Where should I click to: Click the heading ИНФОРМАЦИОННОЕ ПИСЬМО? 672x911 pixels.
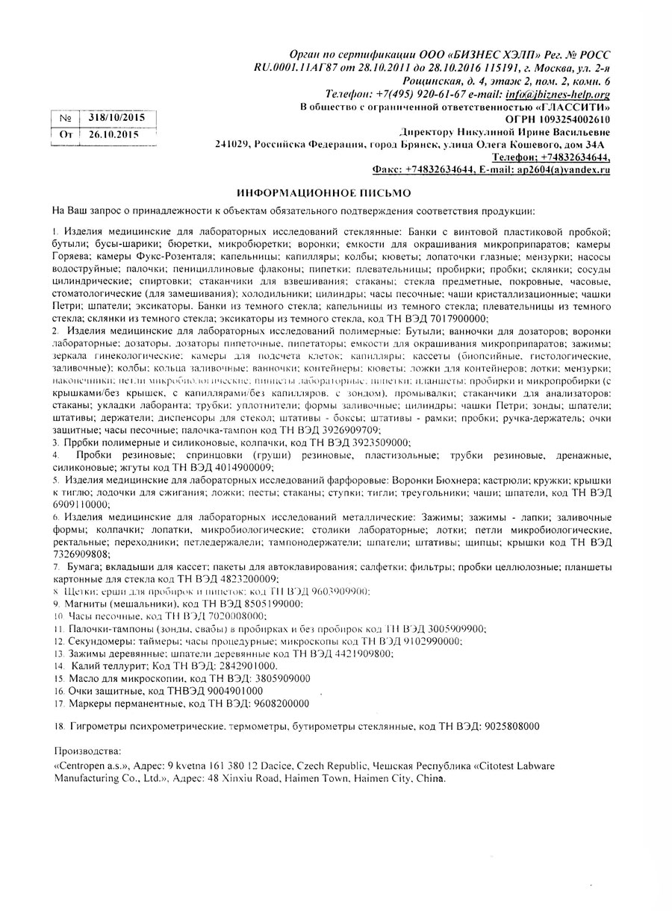(x=319, y=191)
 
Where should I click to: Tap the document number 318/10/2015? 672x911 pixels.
(x=116, y=118)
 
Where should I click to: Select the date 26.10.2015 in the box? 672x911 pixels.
(x=113, y=134)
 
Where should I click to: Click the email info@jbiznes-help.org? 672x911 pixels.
(x=558, y=94)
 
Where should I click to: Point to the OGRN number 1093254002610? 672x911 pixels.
(x=567, y=119)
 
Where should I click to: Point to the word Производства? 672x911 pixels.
(x=87, y=751)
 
